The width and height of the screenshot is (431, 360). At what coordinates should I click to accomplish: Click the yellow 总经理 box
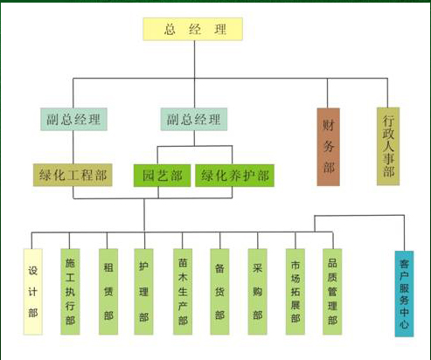click(x=192, y=29)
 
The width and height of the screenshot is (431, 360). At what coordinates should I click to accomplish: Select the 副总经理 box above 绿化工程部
click(x=73, y=119)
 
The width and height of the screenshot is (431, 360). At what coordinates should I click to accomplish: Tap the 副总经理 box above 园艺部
click(x=194, y=119)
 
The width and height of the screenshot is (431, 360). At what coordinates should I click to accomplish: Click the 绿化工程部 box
click(x=73, y=175)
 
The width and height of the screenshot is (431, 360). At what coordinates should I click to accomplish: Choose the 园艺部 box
click(x=162, y=176)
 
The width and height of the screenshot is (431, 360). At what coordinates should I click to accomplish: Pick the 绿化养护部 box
click(x=234, y=176)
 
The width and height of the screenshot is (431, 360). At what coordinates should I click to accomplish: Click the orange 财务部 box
click(x=329, y=147)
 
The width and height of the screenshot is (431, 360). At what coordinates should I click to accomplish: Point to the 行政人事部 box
click(x=388, y=146)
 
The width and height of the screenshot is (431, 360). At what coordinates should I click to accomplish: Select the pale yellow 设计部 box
click(x=33, y=292)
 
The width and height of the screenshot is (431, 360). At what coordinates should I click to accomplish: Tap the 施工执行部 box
click(x=70, y=292)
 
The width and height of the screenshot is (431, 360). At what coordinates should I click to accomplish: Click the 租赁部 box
click(x=108, y=292)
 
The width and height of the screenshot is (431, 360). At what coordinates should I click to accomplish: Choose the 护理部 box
click(x=143, y=292)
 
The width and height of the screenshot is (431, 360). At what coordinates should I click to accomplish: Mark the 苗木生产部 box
click(x=183, y=292)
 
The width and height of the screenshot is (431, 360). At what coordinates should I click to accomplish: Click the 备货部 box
click(x=219, y=292)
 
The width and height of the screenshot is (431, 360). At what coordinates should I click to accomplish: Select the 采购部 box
click(x=257, y=292)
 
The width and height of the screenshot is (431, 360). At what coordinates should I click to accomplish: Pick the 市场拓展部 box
click(x=295, y=292)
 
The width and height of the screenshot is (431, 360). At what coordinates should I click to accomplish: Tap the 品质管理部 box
click(x=332, y=292)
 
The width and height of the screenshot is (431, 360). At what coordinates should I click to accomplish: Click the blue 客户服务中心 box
click(x=404, y=294)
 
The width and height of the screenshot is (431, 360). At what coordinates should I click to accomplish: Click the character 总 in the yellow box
click(x=170, y=30)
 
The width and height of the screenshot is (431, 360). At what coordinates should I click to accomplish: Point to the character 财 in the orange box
click(x=329, y=125)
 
